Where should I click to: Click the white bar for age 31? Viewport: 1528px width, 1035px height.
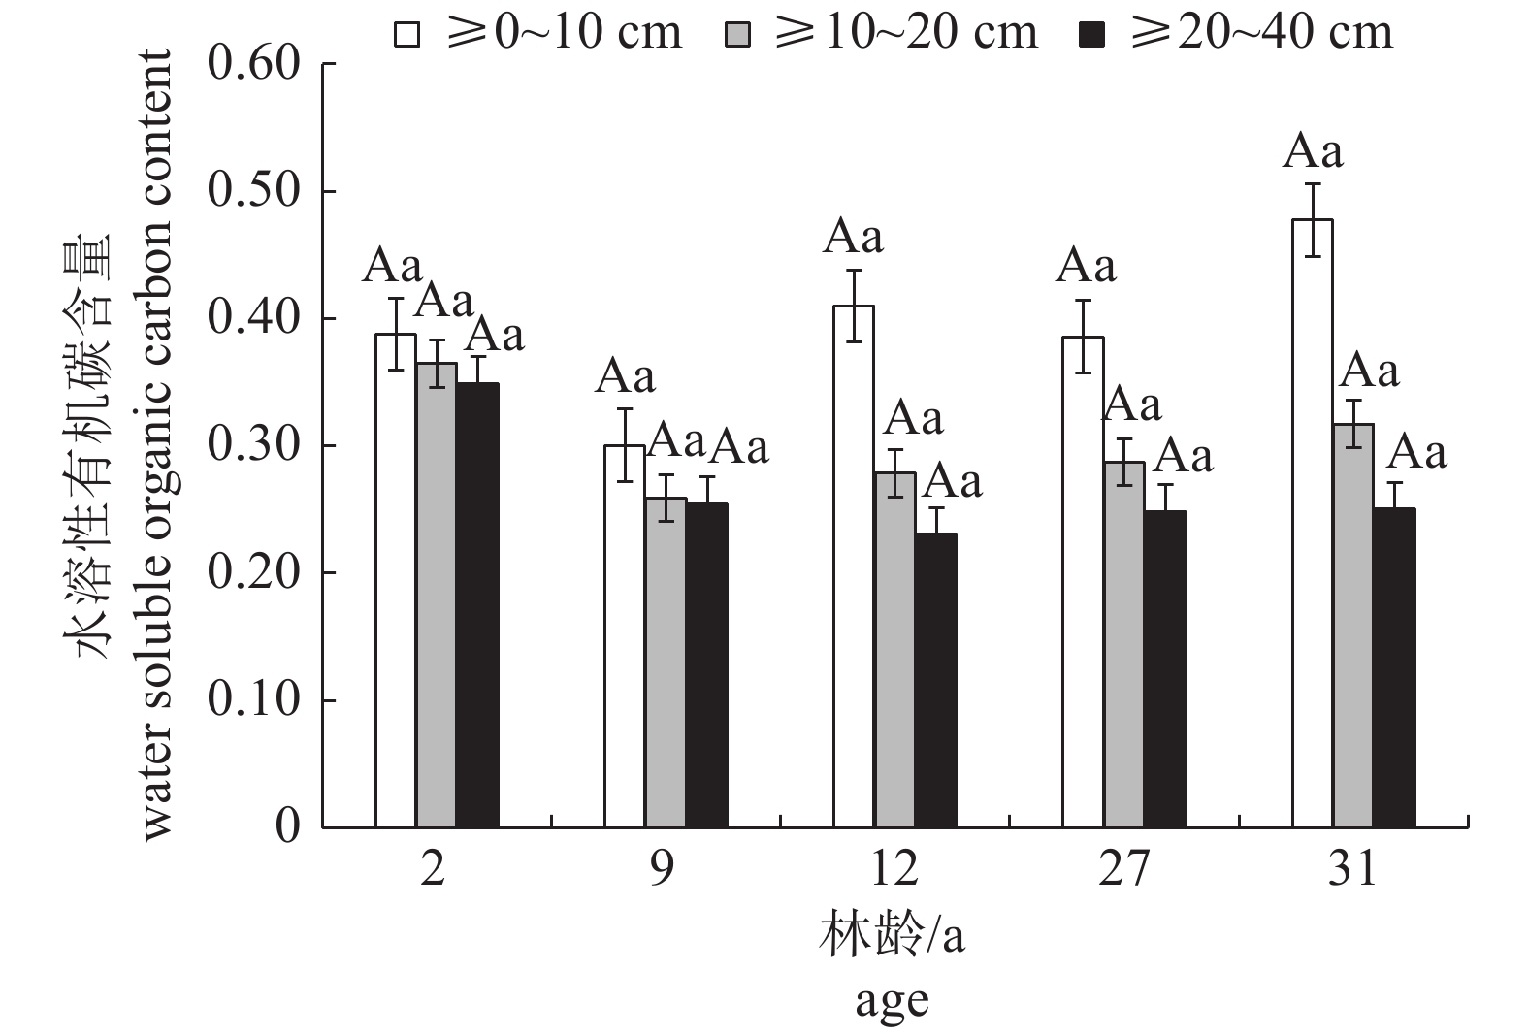pyautogui.click(x=1313, y=524)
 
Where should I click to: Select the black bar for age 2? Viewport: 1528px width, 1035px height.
pyautogui.click(x=477, y=605)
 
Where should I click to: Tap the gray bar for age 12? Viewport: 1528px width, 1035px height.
pyautogui.click(x=894, y=650)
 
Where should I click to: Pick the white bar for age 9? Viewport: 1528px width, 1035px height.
pyautogui.click(x=625, y=636)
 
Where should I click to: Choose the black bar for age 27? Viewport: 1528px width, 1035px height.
pyautogui.click(x=1164, y=669)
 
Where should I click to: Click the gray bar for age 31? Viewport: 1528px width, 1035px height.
pyautogui.click(x=1353, y=626)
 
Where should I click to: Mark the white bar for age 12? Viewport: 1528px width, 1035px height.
pyautogui.click(x=854, y=566)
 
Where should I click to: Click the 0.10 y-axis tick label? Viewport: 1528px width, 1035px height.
pyautogui.click(x=254, y=700)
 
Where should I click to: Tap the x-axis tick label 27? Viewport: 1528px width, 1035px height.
pyautogui.click(x=1124, y=869)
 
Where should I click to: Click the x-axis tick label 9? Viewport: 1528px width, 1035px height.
pyautogui.click(x=662, y=869)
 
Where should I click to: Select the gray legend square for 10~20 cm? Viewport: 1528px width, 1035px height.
pyautogui.click(x=738, y=35)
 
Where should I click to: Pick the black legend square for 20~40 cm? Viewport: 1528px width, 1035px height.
pyautogui.click(x=1091, y=35)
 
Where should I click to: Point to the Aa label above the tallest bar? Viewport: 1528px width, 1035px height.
pyautogui.click(x=1313, y=153)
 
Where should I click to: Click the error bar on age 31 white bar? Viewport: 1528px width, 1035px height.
pyautogui.click(x=1313, y=220)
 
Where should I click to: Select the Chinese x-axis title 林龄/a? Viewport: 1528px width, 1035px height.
pyautogui.click(x=892, y=937)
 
